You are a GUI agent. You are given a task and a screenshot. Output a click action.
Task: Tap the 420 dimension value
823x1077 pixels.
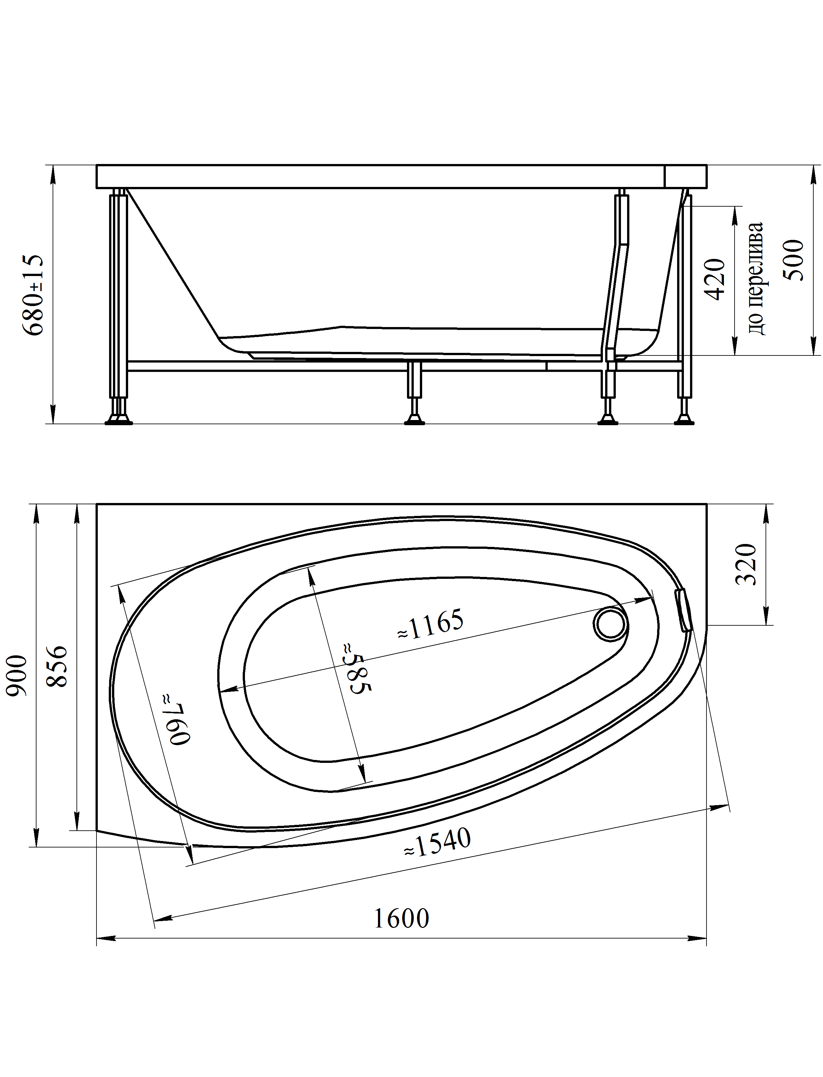coord(715,279)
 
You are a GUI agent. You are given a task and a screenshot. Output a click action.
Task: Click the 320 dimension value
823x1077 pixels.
coord(747,564)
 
